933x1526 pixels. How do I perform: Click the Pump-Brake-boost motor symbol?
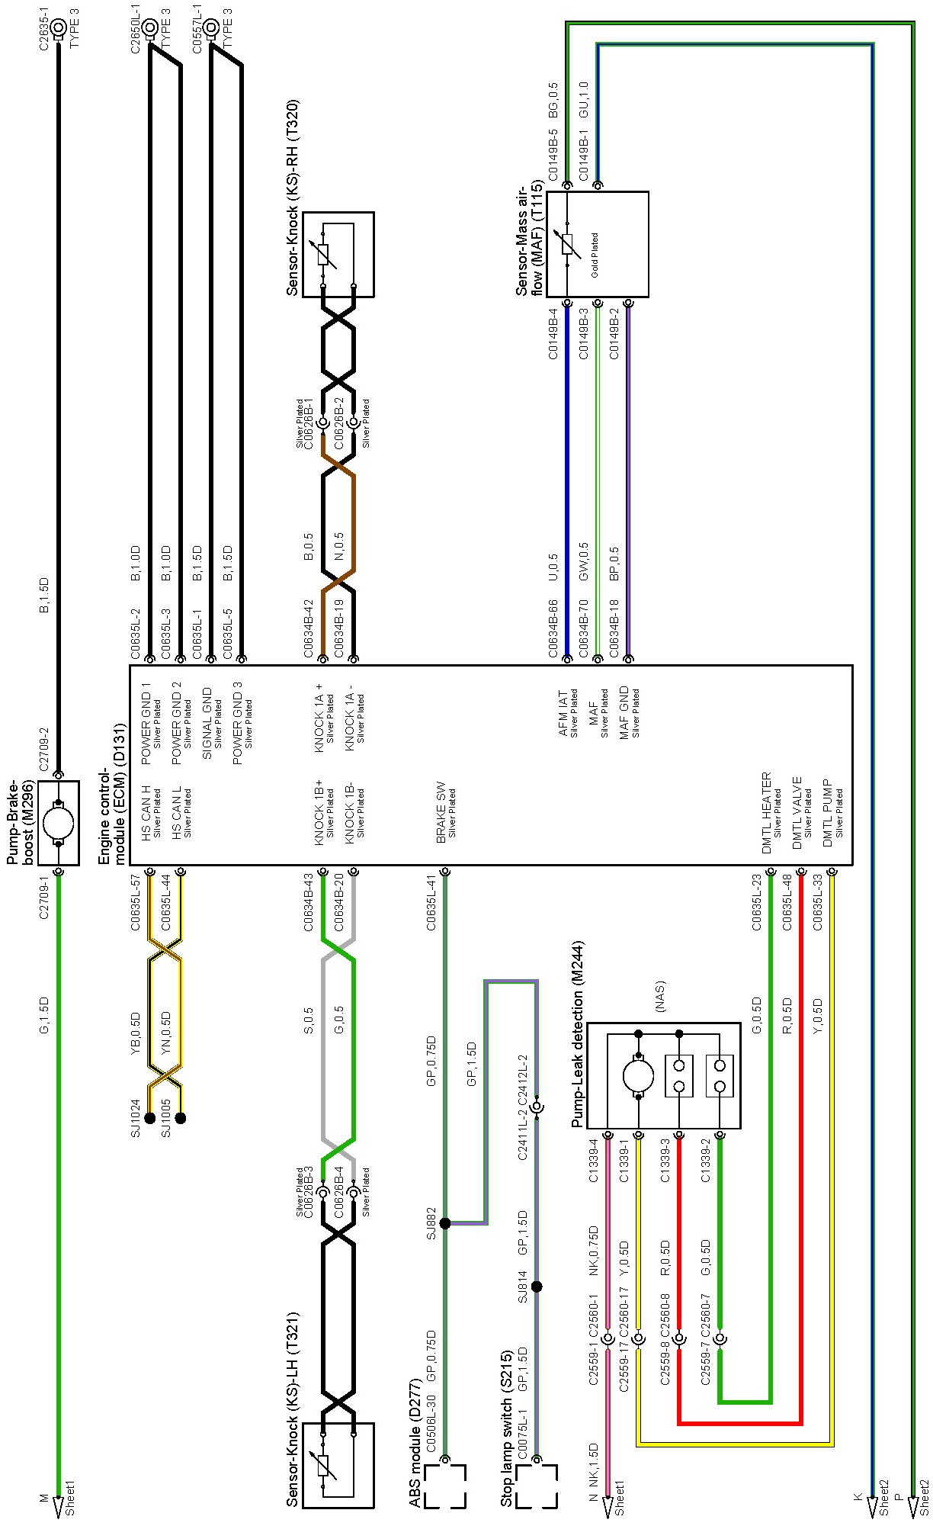(59, 823)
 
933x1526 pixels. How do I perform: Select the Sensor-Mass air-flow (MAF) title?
(529, 239)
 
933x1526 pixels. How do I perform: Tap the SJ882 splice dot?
(445, 1223)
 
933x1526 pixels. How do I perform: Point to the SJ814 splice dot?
(537, 1287)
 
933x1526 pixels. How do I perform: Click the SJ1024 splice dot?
(150, 1119)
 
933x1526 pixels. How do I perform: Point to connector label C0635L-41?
(431, 903)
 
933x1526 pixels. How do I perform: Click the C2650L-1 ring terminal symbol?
(150, 28)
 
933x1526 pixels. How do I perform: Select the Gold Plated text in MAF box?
(594, 255)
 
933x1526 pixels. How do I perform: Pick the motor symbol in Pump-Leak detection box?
(639, 1076)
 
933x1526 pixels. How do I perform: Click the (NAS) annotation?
(660, 996)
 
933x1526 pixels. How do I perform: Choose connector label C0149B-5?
(553, 156)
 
